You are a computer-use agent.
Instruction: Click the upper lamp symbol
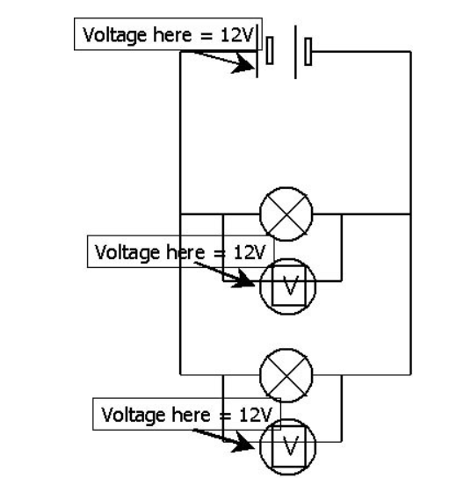285,214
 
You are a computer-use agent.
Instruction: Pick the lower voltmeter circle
285,437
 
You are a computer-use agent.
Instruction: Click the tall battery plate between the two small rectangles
294,52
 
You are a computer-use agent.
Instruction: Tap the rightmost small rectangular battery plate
308,52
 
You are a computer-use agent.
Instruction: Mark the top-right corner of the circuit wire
409,52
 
